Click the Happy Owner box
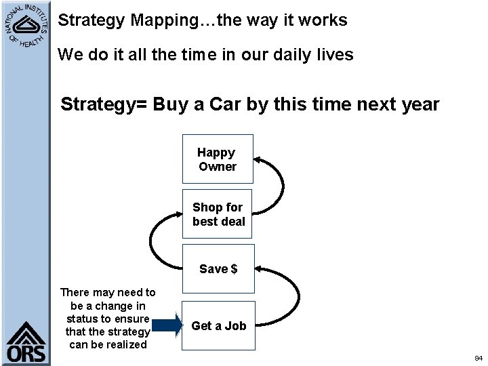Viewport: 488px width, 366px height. pyautogui.click(x=218, y=159)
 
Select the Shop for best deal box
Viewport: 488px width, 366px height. pyautogui.click(x=218, y=214)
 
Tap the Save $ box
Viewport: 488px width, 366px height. pyautogui.click(x=218, y=269)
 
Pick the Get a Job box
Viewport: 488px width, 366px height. pyautogui.click(x=218, y=326)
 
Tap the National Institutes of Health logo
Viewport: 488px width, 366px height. pyautogui.click(x=24, y=24)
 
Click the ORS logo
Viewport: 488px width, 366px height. pyautogui.click(x=26, y=343)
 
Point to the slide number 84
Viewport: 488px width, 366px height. pyautogui.click(x=478, y=357)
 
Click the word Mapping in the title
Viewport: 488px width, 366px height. pyautogui.click(x=163, y=20)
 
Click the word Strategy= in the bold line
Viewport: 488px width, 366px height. pyautogui.click(x=104, y=105)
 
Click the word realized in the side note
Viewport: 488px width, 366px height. pyautogui.click(x=123, y=344)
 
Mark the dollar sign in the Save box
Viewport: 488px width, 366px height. pyautogui.click(x=234, y=269)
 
